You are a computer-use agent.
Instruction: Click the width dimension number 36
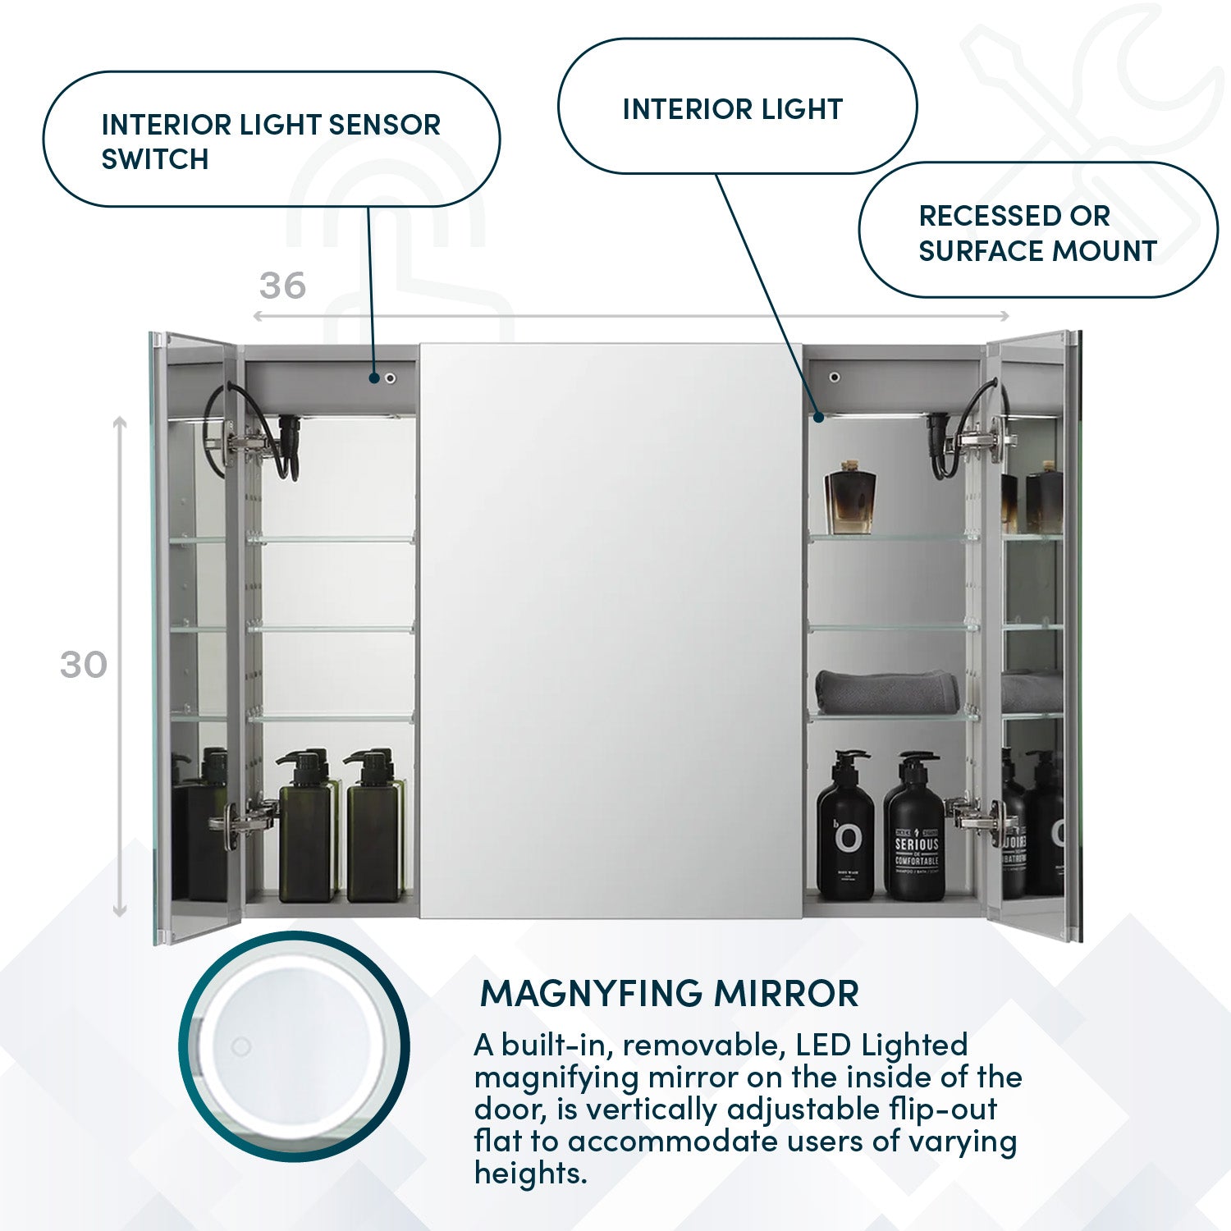click(x=282, y=286)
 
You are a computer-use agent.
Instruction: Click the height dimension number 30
click(x=84, y=665)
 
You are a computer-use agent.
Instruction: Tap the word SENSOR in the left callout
click(x=384, y=125)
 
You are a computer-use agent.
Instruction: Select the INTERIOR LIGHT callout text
click(x=733, y=109)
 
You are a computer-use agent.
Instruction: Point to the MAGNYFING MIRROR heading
click(x=669, y=994)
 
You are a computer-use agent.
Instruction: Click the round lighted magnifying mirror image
click(x=294, y=1046)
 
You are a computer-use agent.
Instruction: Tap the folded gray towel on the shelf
click(x=888, y=691)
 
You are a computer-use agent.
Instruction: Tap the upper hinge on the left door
click(x=242, y=443)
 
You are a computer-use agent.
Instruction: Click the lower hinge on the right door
click(x=977, y=814)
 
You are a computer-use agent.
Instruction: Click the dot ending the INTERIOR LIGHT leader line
click(x=818, y=417)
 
